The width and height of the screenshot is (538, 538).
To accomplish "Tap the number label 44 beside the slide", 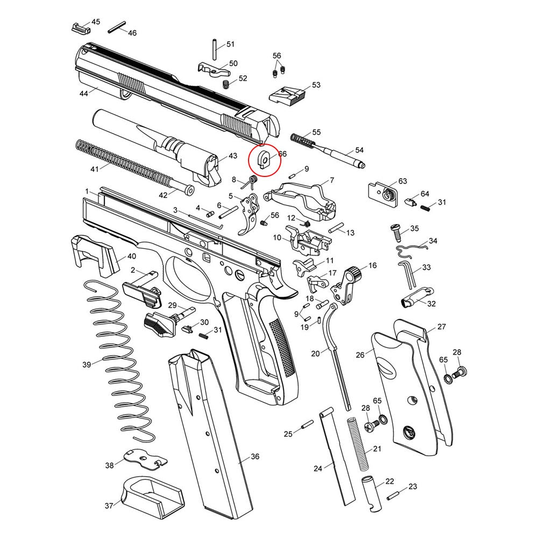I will [83, 93].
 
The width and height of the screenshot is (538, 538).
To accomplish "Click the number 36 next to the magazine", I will [254, 457].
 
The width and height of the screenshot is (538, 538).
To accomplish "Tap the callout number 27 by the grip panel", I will [441, 327].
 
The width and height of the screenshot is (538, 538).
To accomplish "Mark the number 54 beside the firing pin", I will [359, 150].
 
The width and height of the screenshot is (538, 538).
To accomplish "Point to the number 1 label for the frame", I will [87, 192].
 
